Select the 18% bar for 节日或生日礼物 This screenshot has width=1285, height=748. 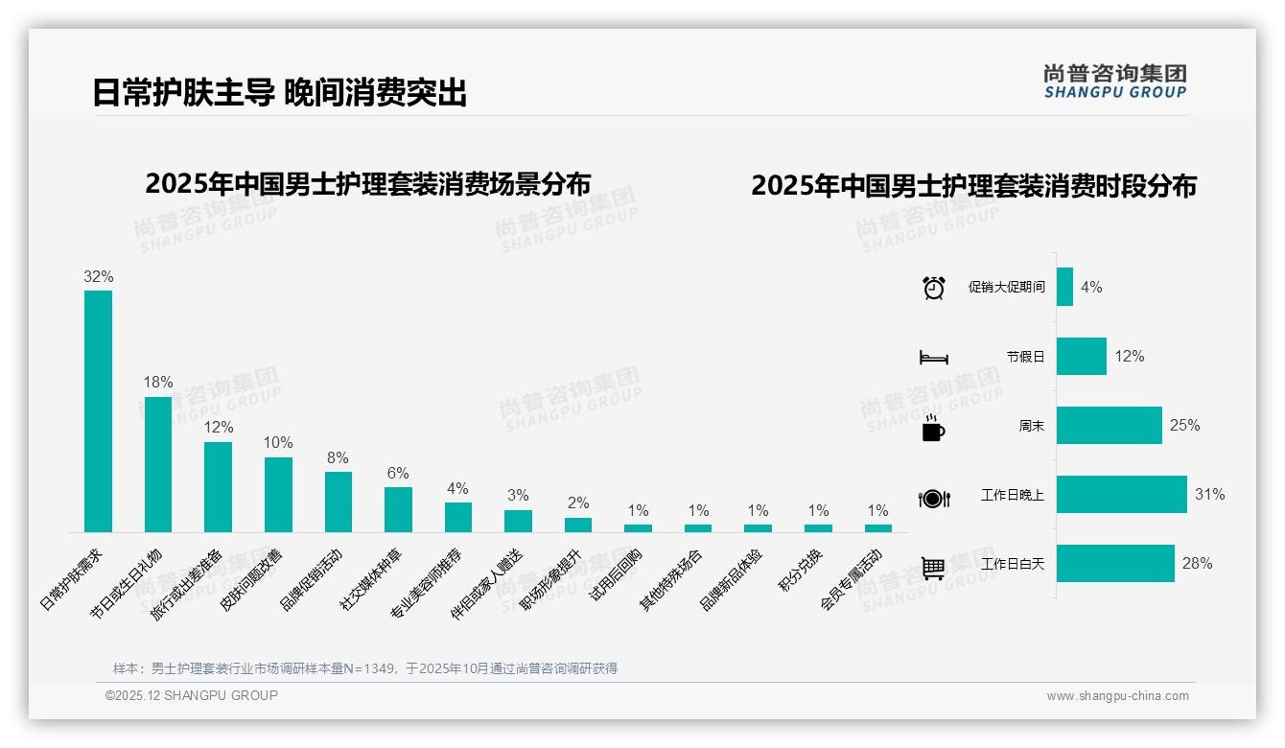[x=158, y=464]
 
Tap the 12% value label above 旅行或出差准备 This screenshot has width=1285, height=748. [x=218, y=427]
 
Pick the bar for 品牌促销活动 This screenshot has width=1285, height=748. [x=339, y=502]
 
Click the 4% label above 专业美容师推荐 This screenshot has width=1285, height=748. [x=457, y=488]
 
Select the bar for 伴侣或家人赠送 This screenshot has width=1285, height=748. [x=518, y=521]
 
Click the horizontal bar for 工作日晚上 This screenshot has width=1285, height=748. [x=1121, y=495]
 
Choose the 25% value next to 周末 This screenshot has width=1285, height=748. [x=1184, y=425]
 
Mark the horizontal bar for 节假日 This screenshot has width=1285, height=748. [x=1081, y=356]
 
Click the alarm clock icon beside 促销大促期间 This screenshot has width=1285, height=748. [x=933, y=287]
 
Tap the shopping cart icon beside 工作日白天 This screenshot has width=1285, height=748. [x=933, y=568]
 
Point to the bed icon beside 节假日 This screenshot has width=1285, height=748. [x=933, y=358]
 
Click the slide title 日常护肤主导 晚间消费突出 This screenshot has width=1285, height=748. [x=279, y=93]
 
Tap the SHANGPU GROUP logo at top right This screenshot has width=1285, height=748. [x=1114, y=82]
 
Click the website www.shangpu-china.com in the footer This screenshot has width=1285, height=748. [x=1117, y=696]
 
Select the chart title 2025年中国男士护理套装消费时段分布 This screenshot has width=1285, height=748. [x=973, y=186]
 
